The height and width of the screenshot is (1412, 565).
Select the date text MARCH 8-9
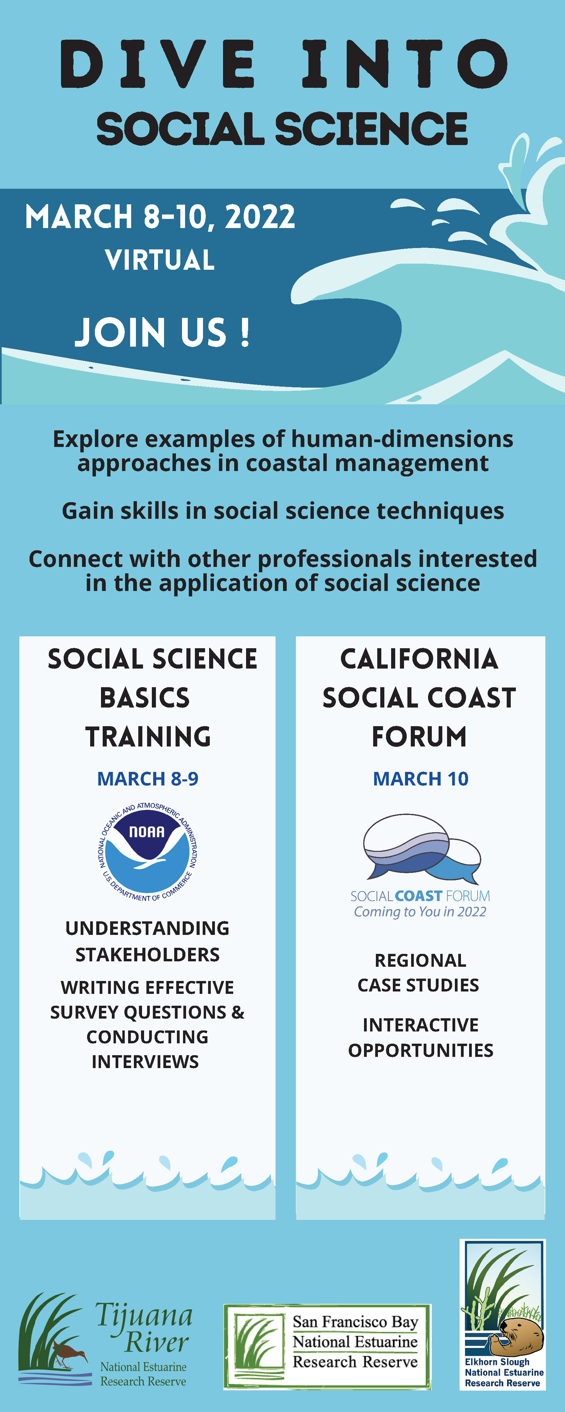(147, 778)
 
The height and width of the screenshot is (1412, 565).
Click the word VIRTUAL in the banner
(160, 260)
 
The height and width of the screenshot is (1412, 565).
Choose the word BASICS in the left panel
(145, 698)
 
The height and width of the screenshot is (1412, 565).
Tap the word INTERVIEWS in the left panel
(145, 1062)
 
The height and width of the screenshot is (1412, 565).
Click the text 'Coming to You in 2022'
(420, 912)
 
